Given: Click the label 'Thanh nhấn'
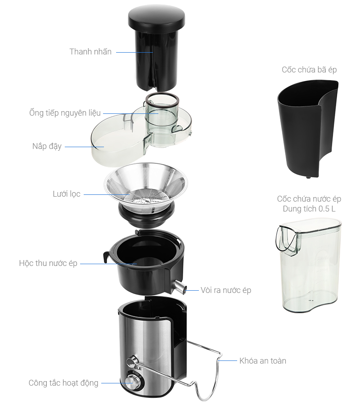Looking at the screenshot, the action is click(x=90, y=52).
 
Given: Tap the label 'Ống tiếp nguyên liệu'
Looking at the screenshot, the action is click(x=65, y=113).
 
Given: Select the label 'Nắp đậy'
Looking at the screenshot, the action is click(x=47, y=146).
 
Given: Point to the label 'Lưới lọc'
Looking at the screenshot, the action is click(x=67, y=194).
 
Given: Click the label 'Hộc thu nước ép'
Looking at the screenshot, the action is click(x=48, y=263).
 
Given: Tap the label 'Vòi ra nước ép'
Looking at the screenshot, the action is click(x=226, y=290).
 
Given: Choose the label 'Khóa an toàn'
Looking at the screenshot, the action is click(x=263, y=361).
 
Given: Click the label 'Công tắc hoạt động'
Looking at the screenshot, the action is click(x=63, y=383).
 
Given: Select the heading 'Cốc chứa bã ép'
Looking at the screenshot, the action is click(x=309, y=70).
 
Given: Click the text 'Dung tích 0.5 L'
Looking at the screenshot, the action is click(x=309, y=209).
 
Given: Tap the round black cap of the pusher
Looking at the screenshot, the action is click(x=157, y=17).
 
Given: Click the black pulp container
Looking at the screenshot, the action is click(x=308, y=129).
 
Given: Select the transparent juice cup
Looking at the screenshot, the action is click(x=309, y=265).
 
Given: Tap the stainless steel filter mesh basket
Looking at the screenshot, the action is click(x=146, y=187).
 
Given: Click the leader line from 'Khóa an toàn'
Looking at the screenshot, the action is click(x=227, y=360).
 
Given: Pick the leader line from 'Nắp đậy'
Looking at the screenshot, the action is click(x=85, y=147).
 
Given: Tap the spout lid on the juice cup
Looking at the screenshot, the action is click(x=288, y=240).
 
